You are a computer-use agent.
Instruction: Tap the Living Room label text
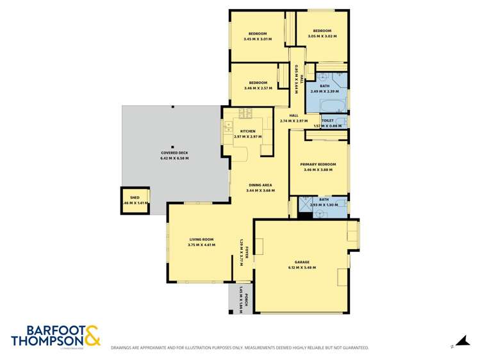(201, 240)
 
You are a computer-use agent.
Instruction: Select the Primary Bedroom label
(318, 165)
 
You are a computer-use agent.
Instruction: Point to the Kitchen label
(247, 131)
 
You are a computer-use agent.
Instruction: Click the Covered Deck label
(174, 152)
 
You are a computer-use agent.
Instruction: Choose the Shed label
(135, 197)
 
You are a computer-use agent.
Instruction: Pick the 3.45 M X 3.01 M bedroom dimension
(258, 39)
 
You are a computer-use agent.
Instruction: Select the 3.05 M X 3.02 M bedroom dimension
(322, 37)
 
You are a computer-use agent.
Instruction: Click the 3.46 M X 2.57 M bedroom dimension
(258, 88)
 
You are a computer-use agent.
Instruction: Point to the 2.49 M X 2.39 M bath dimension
(324, 91)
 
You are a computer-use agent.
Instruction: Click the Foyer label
(245, 247)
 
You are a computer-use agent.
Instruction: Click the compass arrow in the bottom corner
(459, 343)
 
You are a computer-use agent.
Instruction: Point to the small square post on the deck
(173, 147)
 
